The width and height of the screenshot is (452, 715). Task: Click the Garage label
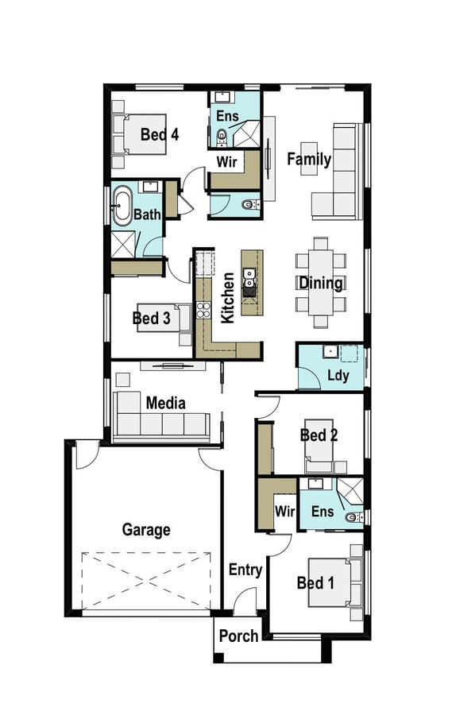point(146,530)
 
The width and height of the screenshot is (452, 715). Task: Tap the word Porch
point(238,636)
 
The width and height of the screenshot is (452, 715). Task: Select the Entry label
point(245,570)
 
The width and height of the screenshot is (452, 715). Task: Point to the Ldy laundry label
point(338,376)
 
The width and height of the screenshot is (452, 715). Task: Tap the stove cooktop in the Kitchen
point(203,310)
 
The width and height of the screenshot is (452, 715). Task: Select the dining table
point(321,282)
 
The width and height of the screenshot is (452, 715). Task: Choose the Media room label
point(165,403)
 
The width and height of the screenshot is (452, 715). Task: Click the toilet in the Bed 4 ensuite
point(222,136)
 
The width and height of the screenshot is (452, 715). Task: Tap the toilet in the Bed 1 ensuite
point(354,517)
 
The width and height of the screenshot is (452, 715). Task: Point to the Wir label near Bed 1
point(284,511)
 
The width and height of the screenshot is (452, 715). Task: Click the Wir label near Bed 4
point(226,161)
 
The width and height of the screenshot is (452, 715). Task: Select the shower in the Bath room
point(124,244)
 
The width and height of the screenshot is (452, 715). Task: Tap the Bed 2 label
point(319,435)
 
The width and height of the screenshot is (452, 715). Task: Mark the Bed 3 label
point(151,318)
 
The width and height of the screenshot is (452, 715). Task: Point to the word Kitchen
point(228,298)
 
